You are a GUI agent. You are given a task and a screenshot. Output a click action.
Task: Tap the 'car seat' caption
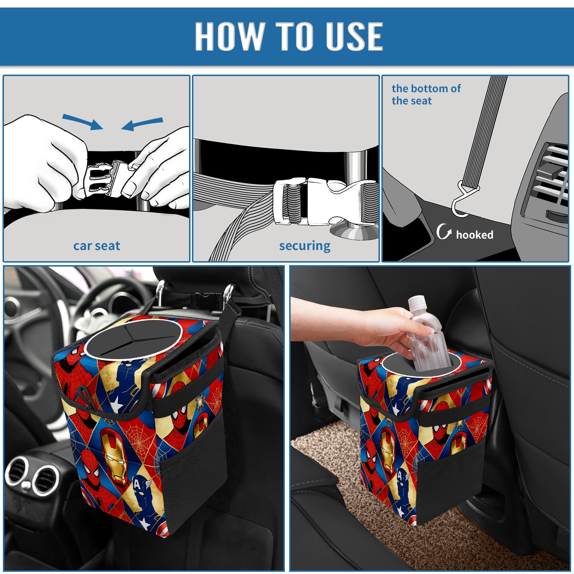click(97, 246)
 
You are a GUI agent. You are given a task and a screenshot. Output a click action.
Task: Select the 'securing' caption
click(305, 246)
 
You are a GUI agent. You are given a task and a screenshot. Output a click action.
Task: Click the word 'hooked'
click(474, 235)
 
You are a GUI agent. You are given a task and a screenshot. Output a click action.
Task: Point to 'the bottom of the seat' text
click(426, 94)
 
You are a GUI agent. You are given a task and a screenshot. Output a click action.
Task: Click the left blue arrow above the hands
click(83, 122)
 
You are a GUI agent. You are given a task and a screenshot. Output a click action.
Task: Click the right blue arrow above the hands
click(142, 124)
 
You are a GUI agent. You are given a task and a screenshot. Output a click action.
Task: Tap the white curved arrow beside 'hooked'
click(444, 231)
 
